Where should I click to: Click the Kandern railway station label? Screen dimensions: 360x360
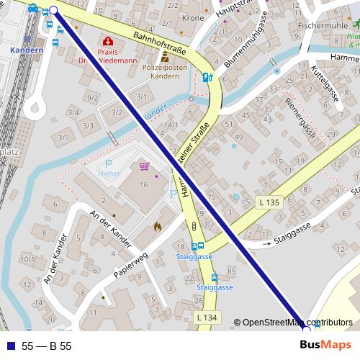tap(28, 51)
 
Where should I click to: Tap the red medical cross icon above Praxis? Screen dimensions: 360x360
tap(108, 42)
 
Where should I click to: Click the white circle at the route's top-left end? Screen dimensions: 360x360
tap(55, 10)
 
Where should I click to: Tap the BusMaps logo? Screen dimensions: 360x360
tap(325, 346)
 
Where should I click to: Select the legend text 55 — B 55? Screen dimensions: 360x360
tap(47, 346)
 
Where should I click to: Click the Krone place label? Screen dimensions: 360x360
tap(194, 17)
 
